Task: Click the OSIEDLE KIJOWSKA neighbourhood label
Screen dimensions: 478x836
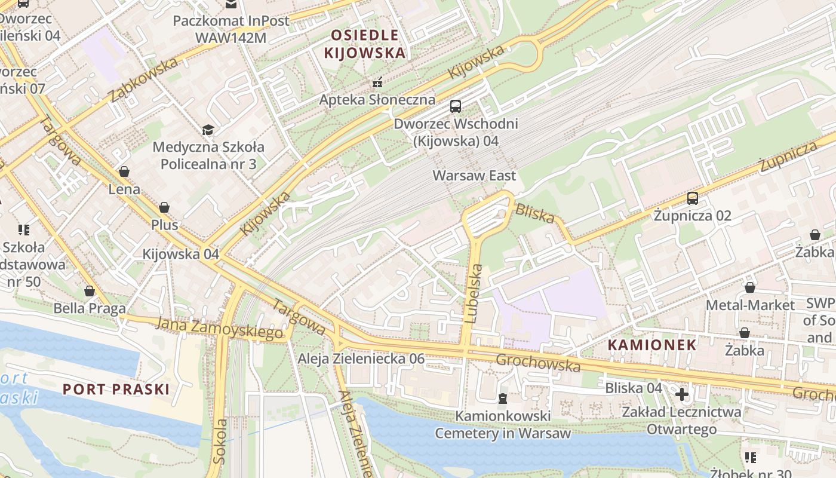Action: click(364, 44)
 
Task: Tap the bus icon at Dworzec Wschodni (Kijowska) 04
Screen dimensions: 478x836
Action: click(456, 106)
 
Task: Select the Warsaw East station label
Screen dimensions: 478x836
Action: click(474, 176)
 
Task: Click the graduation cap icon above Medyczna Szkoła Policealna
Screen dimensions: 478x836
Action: click(208, 130)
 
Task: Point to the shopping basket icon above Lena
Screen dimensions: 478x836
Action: click(124, 172)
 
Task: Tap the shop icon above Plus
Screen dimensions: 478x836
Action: click(164, 207)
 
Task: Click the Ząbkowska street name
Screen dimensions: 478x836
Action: click(143, 79)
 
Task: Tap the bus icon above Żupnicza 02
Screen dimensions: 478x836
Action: click(692, 198)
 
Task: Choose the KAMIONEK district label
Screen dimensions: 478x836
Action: click(652, 345)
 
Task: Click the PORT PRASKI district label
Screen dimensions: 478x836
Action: click(116, 390)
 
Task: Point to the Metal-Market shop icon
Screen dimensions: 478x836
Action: click(749, 288)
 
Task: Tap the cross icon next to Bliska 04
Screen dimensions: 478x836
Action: click(681, 394)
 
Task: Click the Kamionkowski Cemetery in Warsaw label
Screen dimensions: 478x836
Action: click(502, 424)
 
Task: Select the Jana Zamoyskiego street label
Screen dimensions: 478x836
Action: click(219, 329)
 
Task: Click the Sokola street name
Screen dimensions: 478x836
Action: click(220, 441)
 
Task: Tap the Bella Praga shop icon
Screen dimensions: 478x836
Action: click(90, 292)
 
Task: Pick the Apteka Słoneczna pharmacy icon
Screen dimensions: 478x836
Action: click(377, 82)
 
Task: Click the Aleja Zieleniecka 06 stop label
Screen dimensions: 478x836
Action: click(361, 358)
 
